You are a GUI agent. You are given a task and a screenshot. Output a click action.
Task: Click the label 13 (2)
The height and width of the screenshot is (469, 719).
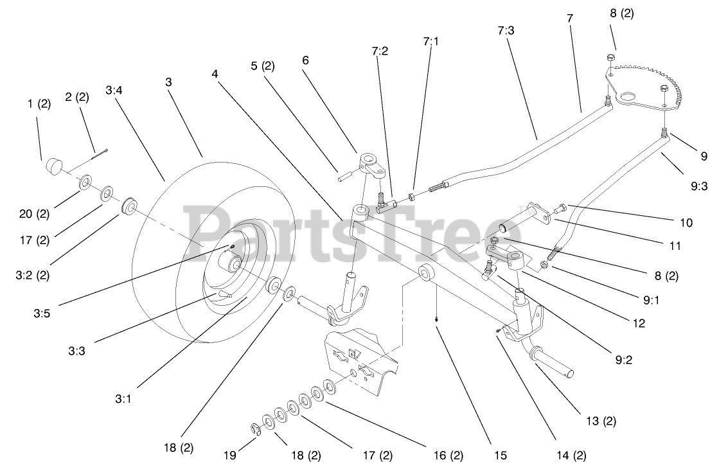pos(601,421)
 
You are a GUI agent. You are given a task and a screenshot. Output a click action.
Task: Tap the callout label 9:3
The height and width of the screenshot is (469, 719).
pos(699,186)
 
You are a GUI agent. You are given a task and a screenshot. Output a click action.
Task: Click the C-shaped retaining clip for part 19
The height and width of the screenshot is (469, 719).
pos(255,429)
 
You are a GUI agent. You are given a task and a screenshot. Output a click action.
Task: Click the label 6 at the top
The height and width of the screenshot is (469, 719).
pos(305,60)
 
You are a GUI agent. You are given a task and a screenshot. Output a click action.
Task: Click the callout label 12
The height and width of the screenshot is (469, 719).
pos(638,324)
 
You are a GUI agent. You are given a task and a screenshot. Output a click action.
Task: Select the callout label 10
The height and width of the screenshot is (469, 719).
pos(686,223)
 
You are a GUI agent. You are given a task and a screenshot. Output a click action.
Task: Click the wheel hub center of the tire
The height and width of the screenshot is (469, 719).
pos(234,264)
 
